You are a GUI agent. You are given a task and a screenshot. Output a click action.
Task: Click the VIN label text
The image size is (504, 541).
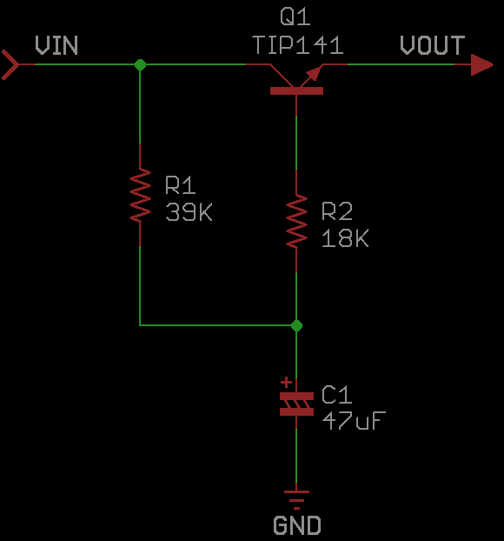[56, 45]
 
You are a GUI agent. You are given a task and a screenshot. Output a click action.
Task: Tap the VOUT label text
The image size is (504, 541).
[432, 45]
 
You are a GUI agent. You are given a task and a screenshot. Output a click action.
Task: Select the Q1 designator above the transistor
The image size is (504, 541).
[295, 17]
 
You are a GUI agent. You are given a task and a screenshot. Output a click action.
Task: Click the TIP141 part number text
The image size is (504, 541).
[298, 45]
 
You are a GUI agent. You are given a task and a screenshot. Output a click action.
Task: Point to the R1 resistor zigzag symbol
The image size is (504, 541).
[140, 195]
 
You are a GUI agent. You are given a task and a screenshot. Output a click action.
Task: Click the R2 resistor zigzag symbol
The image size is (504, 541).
[296, 221]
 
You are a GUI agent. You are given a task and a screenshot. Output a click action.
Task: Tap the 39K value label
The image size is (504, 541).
[189, 212]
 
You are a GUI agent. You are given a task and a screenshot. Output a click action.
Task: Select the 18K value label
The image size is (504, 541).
[345, 237]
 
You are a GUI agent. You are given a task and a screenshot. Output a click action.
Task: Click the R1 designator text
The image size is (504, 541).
[180, 185]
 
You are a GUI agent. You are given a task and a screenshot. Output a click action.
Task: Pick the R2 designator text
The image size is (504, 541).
[337, 211]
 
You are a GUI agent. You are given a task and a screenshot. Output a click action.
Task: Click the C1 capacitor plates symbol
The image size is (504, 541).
[296, 404]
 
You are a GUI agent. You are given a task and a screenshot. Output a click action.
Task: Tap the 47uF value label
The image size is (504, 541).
[354, 421]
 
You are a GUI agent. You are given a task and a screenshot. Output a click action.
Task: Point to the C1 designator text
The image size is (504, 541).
[337, 394]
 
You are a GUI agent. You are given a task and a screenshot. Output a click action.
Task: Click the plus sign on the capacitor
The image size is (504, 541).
[286, 383]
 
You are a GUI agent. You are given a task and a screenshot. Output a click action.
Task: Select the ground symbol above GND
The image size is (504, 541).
[296, 500]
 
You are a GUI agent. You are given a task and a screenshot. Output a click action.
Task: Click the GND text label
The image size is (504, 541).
[297, 525]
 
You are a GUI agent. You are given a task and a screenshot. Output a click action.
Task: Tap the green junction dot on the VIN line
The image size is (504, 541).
[140, 64]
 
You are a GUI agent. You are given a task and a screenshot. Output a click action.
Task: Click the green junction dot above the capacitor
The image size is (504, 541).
[296, 325]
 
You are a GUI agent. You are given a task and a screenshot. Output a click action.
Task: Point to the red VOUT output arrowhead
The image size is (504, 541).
[482, 64]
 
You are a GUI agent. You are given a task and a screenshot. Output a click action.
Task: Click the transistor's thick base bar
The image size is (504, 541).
[296, 90]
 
